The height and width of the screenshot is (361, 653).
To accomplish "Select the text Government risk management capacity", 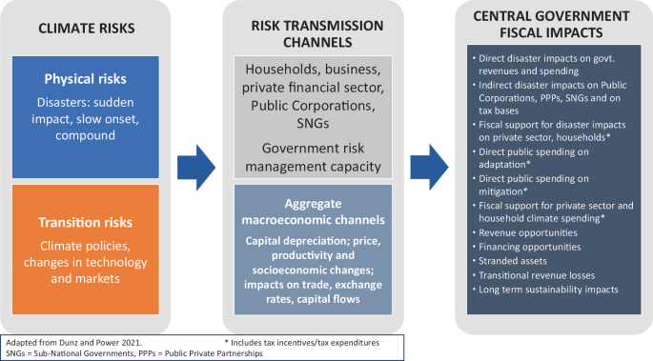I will click(314, 158).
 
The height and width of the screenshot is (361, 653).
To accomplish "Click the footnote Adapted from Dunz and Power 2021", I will click(71, 340).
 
